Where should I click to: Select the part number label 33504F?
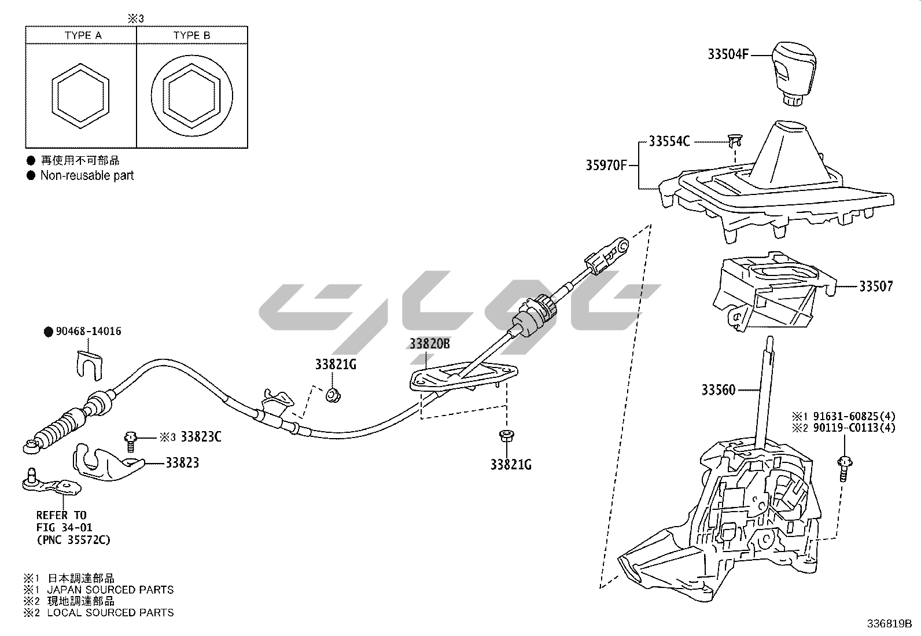tap(728, 54)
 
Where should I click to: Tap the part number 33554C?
tap(669, 141)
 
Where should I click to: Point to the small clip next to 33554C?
tap(735, 139)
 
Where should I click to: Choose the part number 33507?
tap(875, 286)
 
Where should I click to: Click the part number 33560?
tap(719, 390)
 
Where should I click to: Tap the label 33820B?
tap(429, 344)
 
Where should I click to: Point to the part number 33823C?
tap(201, 437)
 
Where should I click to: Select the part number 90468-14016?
tap(89, 332)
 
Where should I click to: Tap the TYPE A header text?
tap(83, 35)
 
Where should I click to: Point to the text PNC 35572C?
tap(73, 541)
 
